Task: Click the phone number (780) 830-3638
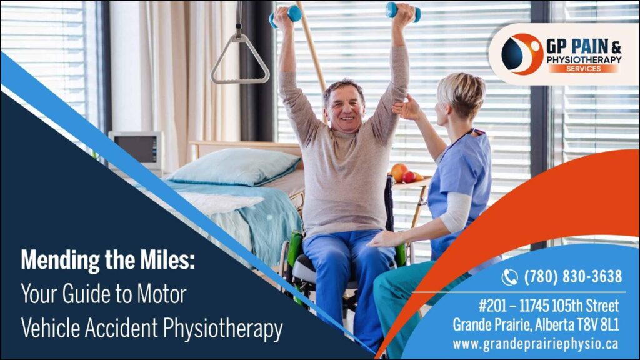(x=572, y=276)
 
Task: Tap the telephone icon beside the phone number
(x=509, y=277)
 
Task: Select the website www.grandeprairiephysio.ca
(x=536, y=344)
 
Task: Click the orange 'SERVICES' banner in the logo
(x=583, y=69)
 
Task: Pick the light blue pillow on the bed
(x=235, y=166)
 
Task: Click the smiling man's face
(x=345, y=107)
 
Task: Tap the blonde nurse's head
(x=459, y=96)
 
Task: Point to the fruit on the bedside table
(x=404, y=173)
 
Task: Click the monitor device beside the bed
(x=136, y=148)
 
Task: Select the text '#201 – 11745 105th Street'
(x=549, y=306)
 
